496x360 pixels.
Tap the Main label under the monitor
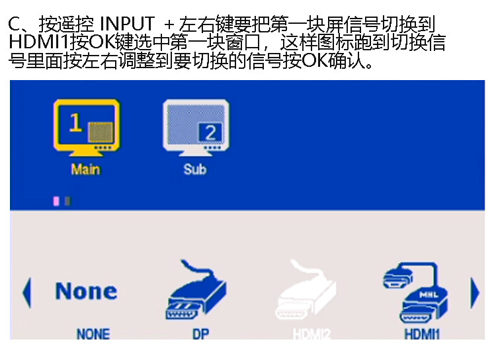pos(85,169)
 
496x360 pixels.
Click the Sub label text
pos(195,169)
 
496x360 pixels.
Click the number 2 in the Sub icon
pos(210,133)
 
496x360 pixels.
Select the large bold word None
pos(86,291)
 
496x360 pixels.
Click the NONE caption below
pos(93,334)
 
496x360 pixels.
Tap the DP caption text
pos(200,334)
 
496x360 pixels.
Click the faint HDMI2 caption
pos(312,334)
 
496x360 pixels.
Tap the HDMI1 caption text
pos(422,334)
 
